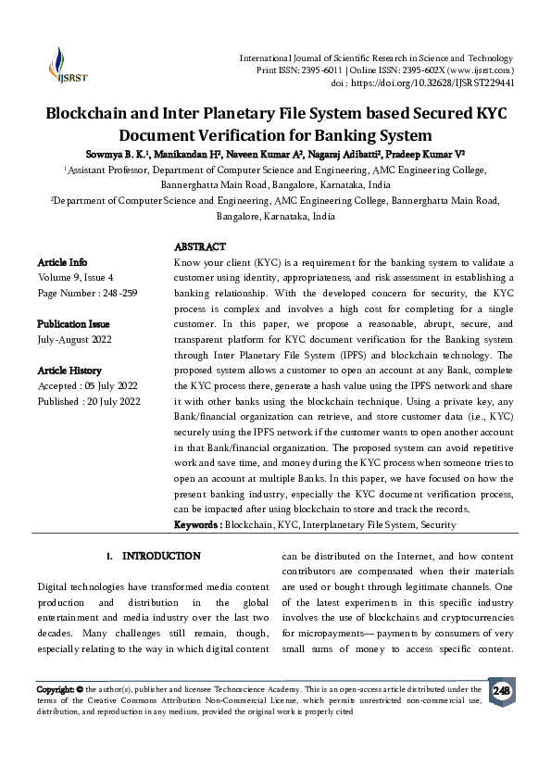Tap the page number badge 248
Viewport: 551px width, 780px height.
pos(501,691)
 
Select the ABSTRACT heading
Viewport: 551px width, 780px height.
pos(199,247)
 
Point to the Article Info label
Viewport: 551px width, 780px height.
pos(62,262)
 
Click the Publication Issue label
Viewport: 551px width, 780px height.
pos(73,324)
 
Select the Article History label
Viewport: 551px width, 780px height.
pos(69,370)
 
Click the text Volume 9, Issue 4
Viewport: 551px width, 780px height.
pos(75,277)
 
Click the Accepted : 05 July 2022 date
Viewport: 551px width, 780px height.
pos(88,385)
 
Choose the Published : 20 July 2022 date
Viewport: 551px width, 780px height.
pos(89,401)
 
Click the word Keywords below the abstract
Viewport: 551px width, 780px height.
pos(196,525)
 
